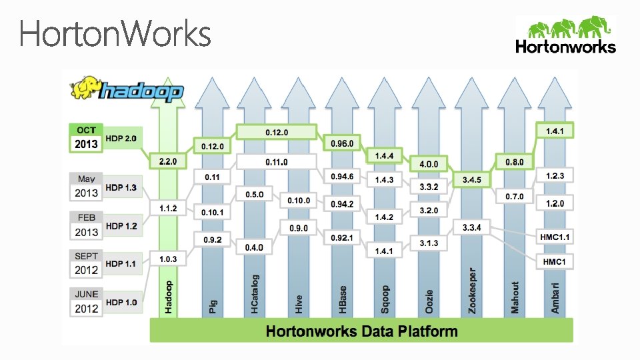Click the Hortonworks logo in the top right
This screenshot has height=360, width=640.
(x=565, y=35)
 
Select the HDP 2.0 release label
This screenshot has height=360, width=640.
(x=121, y=138)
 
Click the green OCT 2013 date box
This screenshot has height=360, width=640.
(x=87, y=137)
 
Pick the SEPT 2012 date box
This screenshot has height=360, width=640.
(x=87, y=264)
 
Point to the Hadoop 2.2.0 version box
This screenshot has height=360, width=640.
(x=167, y=161)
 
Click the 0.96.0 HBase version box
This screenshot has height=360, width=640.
(x=342, y=143)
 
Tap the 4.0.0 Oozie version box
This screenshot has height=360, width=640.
(x=429, y=164)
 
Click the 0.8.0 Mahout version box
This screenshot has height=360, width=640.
(x=514, y=162)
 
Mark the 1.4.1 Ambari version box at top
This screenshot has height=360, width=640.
(x=555, y=131)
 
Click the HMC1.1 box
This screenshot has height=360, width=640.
(x=555, y=237)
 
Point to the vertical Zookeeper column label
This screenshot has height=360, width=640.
(x=472, y=291)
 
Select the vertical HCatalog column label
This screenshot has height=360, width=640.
(x=255, y=293)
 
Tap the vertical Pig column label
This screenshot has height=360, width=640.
(x=212, y=306)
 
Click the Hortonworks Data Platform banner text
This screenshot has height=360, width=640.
(x=362, y=331)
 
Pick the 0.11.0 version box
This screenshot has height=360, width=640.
(x=277, y=162)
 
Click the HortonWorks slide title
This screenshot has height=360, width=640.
(x=115, y=34)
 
